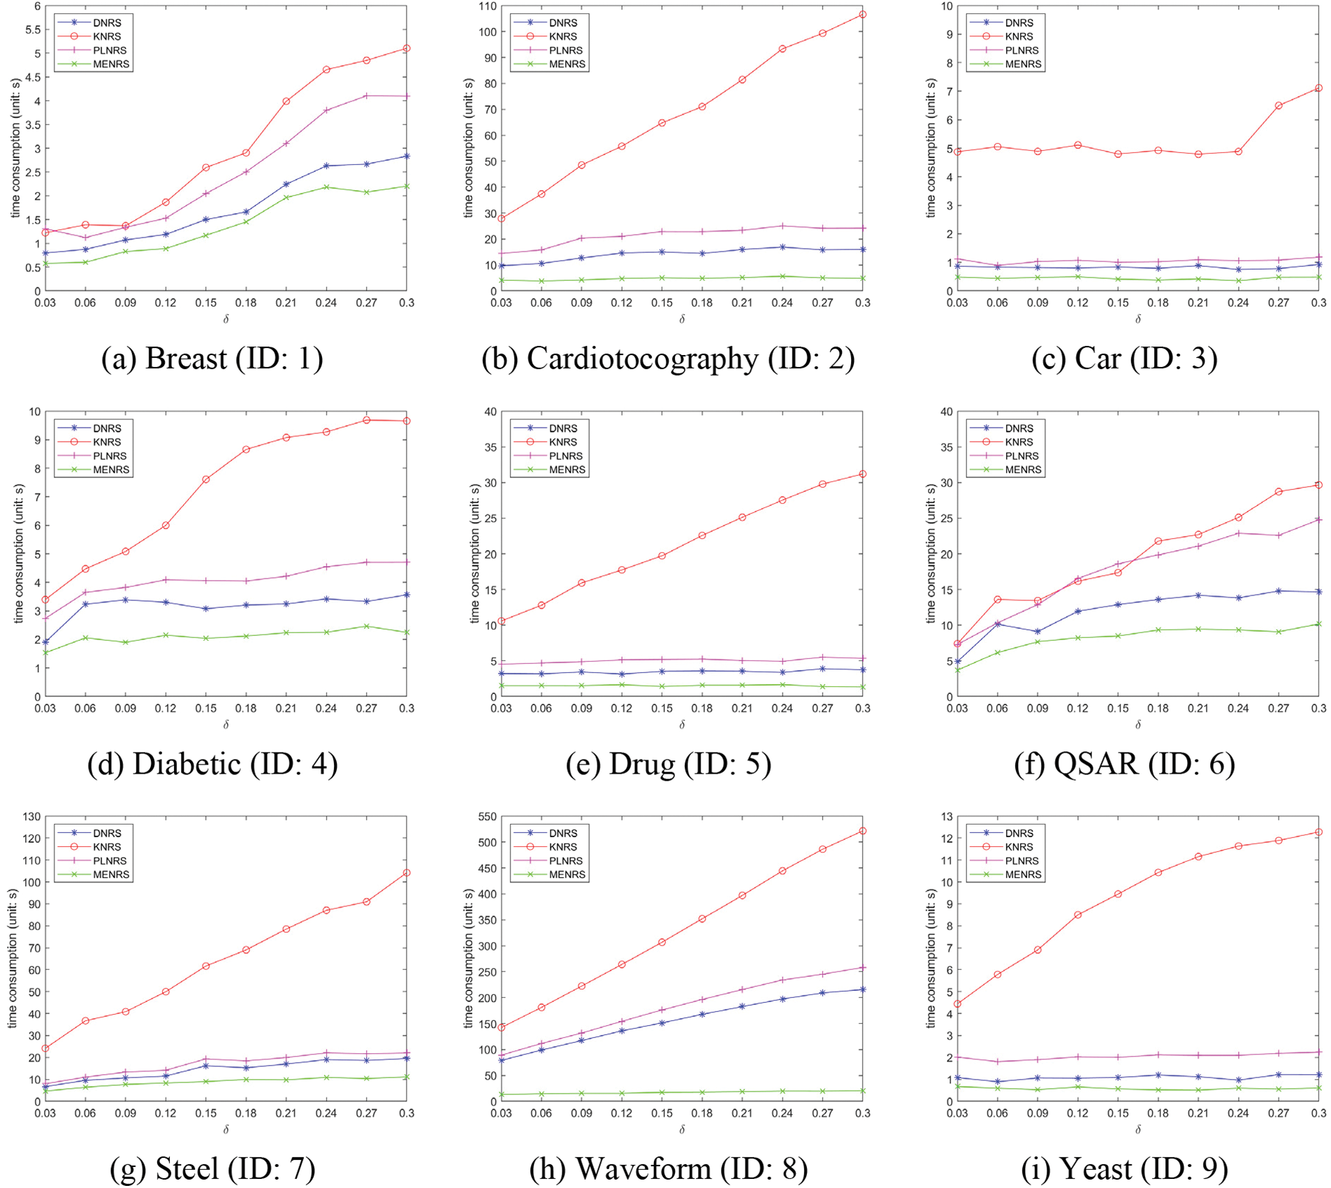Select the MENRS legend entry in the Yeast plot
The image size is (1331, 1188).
tap(1022, 874)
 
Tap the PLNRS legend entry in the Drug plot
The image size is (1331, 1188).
tap(565, 456)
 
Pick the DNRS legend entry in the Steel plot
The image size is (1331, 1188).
tap(106, 833)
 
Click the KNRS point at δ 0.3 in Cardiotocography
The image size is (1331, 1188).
tap(863, 15)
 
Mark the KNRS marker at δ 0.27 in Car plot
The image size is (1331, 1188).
tap(1279, 106)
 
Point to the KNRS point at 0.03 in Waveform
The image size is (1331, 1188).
tap(501, 1027)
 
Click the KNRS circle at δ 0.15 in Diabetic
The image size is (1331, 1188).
tap(205, 479)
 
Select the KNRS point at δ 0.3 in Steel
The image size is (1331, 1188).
tap(407, 873)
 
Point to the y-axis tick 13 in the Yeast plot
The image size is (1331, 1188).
tap(947, 816)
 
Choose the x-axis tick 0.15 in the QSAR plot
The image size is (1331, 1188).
tap(1118, 708)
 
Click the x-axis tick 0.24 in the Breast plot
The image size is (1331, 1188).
tap(326, 303)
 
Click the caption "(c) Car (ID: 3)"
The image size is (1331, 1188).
tap(1124, 358)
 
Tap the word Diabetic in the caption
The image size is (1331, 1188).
tap(187, 764)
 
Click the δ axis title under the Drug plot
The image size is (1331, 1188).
tap(682, 725)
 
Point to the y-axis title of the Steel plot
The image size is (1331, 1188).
tap(13, 958)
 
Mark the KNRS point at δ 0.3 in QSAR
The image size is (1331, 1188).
tap(1318, 485)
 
